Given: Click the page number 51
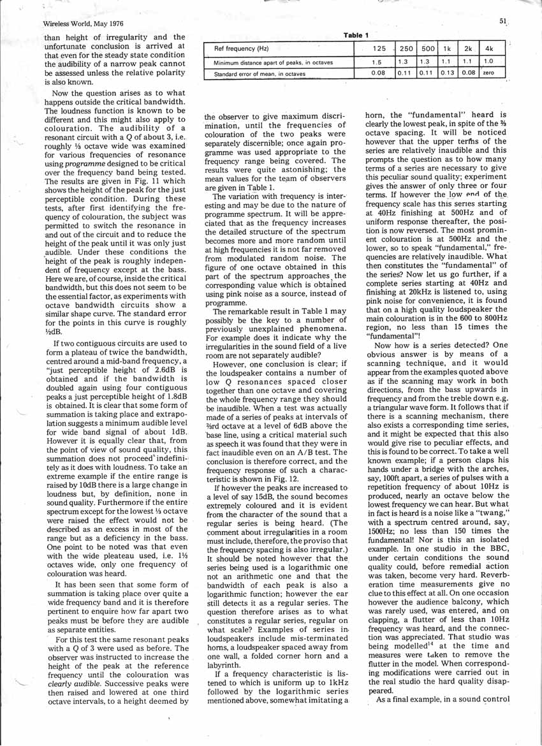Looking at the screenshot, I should tap(503, 21).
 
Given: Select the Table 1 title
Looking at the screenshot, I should tap(356, 34).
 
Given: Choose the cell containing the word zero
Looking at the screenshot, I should tap(489, 74).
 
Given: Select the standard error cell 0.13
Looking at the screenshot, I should tap(447, 74).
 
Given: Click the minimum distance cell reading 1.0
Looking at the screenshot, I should tap(488, 62).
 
